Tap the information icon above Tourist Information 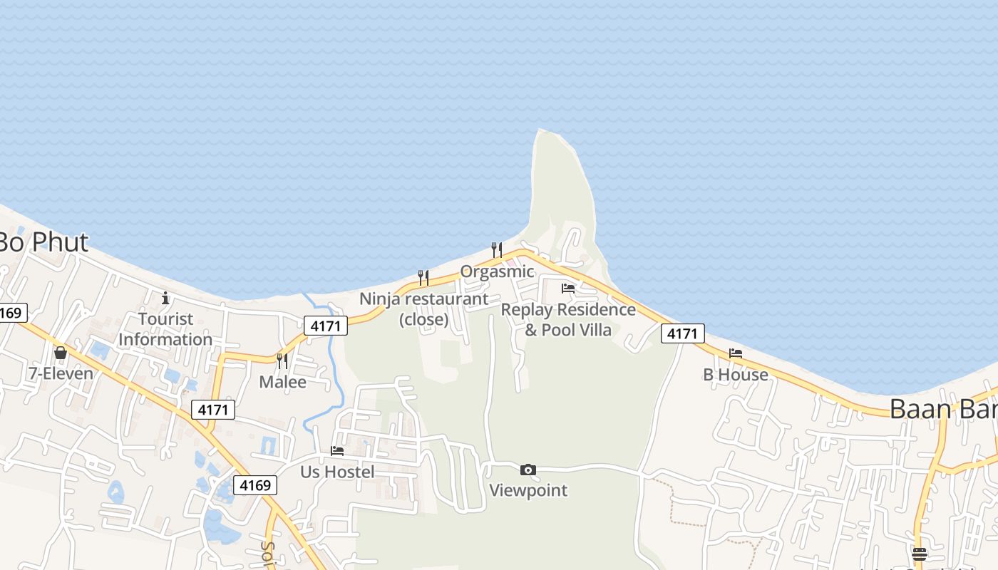[165, 298]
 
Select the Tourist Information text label [165, 329]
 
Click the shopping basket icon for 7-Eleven [61, 353]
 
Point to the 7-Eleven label [61, 373]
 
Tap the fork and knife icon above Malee [282, 361]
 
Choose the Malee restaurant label [282, 382]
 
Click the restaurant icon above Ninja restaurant [423, 277]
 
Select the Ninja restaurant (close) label [424, 309]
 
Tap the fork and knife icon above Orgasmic [497, 250]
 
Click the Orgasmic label [497, 271]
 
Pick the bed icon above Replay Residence [568, 289]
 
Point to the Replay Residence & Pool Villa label [568, 320]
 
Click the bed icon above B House [736, 353]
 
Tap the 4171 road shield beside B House [682, 333]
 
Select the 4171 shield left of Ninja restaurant [326, 326]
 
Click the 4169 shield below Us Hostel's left [255, 485]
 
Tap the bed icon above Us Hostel [337, 451]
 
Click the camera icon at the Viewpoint [528, 470]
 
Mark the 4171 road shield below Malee [213, 410]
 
